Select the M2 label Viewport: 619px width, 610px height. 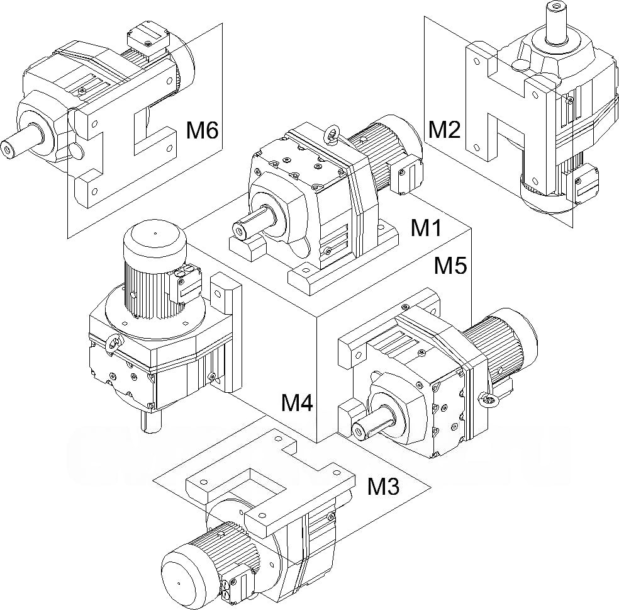click(x=445, y=130)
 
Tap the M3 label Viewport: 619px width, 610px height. click(x=383, y=486)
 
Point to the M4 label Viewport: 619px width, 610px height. click(x=297, y=403)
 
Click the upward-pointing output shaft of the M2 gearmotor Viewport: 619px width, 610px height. click(x=556, y=23)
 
